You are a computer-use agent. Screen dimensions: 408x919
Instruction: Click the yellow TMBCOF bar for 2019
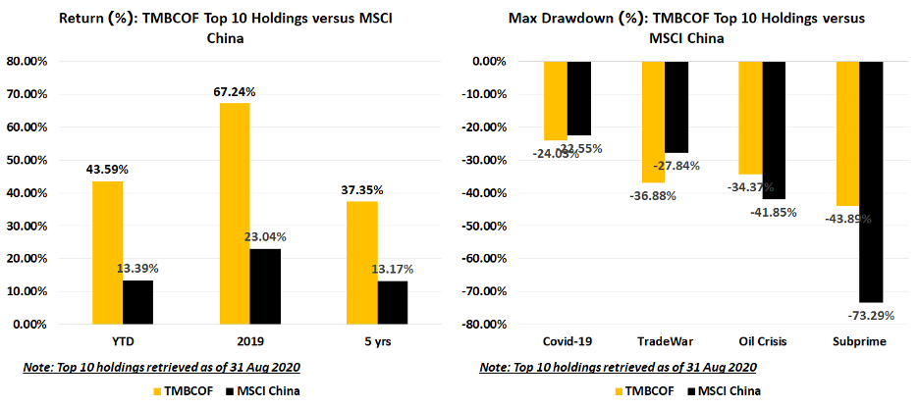pyautogui.click(x=235, y=213)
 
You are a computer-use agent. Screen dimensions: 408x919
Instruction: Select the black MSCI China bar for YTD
pyautogui.click(x=137, y=302)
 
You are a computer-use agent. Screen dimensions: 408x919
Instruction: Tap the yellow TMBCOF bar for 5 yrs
pyautogui.click(x=361, y=262)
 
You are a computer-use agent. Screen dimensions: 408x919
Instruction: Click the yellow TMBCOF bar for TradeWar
pyautogui.click(x=652, y=122)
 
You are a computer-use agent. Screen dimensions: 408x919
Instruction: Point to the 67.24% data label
pyautogui.click(x=235, y=92)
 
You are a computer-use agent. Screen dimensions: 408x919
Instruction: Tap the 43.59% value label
pyautogui.click(x=107, y=170)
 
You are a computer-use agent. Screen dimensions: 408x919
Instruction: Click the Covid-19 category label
pyautogui.click(x=568, y=341)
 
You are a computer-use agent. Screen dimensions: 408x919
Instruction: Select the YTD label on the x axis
pyautogui.click(x=122, y=341)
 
